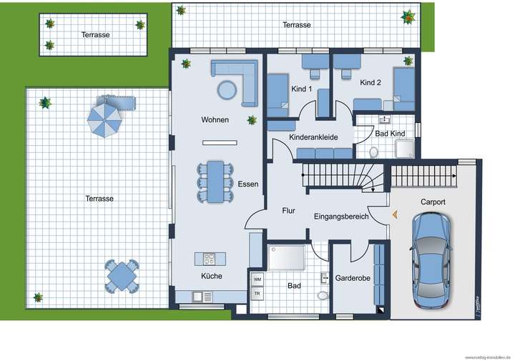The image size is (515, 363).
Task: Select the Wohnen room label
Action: pyautogui.click(x=215, y=120)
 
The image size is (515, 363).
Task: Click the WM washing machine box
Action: pyautogui.click(x=257, y=278)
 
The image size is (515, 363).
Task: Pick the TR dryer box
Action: pyautogui.click(x=257, y=294)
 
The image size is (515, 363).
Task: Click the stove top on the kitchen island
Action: pyautogui.click(x=210, y=258)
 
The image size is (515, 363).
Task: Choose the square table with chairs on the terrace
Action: pyautogui.click(x=123, y=275)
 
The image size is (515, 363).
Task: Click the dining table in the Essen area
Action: pyautogui.click(x=215, y=181)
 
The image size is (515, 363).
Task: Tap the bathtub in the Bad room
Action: pyautogui.click(x=286, y=257)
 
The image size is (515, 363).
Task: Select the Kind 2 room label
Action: pyautogui.click(x=371, y=83)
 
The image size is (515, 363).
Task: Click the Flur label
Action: pyautogui.click(x=288, y=211)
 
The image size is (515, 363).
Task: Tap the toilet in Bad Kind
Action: pyautogui.click(x=373, y=151)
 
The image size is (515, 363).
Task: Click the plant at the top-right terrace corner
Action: pyautogui.click(x=408, y=16)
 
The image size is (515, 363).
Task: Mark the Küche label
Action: pyautogui.click(x=211, y=276)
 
